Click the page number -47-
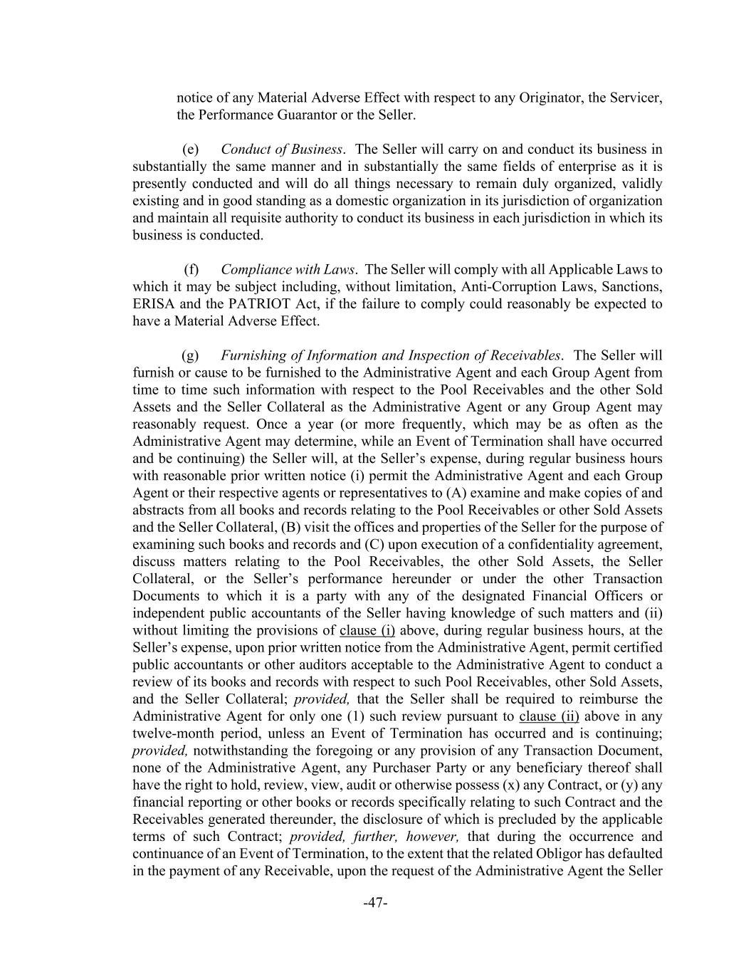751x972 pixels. [375, 903]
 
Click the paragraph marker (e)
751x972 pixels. [191, 150]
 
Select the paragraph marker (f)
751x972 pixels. [191, 270]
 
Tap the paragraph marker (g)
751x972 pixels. [191, 355]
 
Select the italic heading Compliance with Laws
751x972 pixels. [288, 270]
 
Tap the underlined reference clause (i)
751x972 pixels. [367, 630]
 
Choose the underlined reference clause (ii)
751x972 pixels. [549, 716]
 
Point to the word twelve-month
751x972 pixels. [172, 733]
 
